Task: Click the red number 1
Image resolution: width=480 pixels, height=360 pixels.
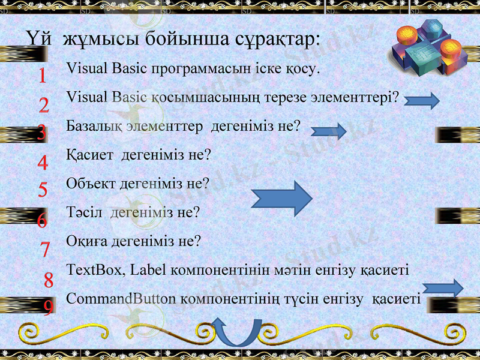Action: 42,76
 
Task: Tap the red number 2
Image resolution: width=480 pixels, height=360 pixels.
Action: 44,106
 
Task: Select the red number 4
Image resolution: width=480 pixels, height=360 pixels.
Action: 43,163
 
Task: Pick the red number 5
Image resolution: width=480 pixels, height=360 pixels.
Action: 43,190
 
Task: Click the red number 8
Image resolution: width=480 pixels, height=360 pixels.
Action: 49,279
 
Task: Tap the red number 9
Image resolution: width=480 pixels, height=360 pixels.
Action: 48,307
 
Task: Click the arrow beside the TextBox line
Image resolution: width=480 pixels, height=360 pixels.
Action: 443,289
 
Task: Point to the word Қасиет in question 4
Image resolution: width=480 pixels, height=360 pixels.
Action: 91,155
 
